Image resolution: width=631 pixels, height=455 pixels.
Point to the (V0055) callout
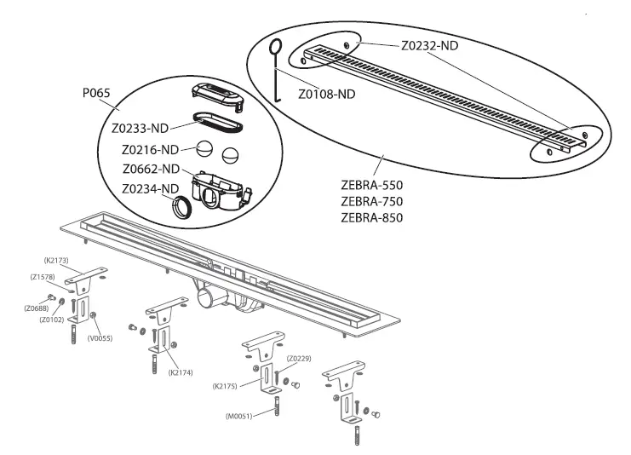(x=101, y=337)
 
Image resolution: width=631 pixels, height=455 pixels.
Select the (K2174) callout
(x=181, y=372)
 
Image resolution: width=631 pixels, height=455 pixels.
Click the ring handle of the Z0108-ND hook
(x=276, y=48)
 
